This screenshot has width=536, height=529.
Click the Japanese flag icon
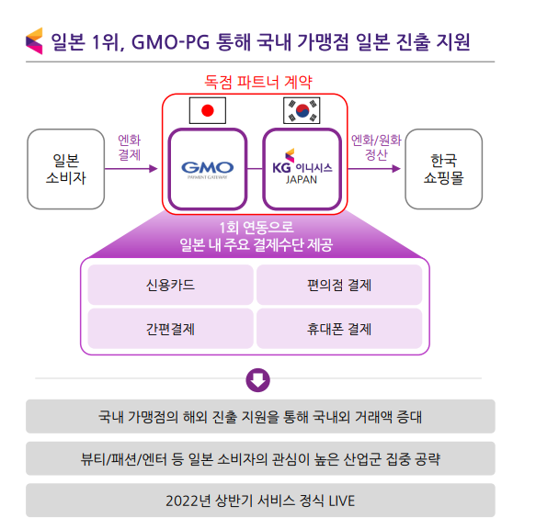pyautogui.click(x=208, y=110)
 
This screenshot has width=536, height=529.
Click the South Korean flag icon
pyautogui.click(x=302, y=110)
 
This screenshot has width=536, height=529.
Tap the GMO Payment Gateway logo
pyautogui.click(x=208, y=170)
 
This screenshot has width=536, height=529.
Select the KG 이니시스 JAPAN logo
pyautogui.click(x=302, y=166)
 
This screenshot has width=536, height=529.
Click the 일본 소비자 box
pyautogui.click(x=66, y=169)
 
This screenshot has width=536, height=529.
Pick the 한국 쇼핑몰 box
pyautogui.click(x=444, y=169)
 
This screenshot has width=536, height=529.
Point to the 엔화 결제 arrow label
pyautogui.click(x=130, y=147)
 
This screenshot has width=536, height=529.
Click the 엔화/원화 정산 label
pyautogui.click(x=376, y=147)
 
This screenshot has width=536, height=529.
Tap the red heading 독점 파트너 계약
pyautogui.click(x=258, y=82)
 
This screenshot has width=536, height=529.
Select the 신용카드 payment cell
pyautogui.click(x=171, y=285)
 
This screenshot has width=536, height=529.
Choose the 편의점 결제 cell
pyautogui.click(x=339, y=285)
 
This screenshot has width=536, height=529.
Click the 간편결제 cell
pyautogui.click(x=171, y=329)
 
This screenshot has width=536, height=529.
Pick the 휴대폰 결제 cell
pyautogui.click(x=339, y=329)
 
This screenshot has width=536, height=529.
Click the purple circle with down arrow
pyautogui.click(x=258, y=380)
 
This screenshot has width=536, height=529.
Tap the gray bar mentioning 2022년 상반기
pyautogui.click(x=260, y=501)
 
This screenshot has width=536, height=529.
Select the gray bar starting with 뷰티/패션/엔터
pyautogui.click(x=260, y=458)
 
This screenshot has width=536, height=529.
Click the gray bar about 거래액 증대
pyautogui.click(x=260, y=416)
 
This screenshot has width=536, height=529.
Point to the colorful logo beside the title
pyautogui.click(x=34, y=41)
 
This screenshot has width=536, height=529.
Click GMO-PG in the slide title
pyautogui.click(x=170, y=42)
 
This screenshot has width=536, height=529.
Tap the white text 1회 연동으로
pyautogui.click(x=257, y=228)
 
